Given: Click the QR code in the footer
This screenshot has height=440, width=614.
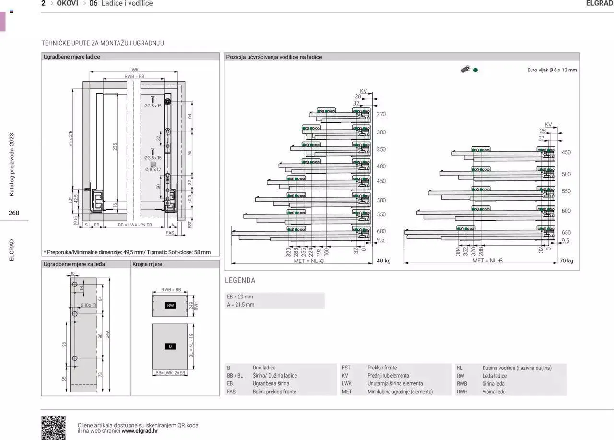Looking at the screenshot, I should [x=53, y=427].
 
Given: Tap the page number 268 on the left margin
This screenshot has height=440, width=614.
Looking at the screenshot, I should [x=14, y=213].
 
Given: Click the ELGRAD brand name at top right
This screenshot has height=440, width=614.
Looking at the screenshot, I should [x=600, y=3].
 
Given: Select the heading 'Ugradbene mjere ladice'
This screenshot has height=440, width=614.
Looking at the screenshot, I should [x=72, y=57].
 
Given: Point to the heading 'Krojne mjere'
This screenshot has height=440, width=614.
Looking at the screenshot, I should [x=147, y=264].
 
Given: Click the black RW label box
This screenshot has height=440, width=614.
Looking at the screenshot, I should [x=170, y=305].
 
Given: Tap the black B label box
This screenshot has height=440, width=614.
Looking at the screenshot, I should [x=170, y=346].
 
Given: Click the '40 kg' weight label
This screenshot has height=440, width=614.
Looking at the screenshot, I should [x=384, y=261].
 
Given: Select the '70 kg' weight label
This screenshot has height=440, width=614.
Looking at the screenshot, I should [x=566, y=261].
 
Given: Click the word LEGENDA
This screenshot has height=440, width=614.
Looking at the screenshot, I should [x=240, y=280].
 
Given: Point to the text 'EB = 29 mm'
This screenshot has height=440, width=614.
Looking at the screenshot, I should [x=240, y=297].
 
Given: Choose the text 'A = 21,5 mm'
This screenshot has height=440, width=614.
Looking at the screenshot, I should [x=241, y=305].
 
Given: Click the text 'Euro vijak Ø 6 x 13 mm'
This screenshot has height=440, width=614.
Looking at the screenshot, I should [x=552, y=70].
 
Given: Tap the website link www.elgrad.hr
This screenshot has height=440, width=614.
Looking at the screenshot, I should [x=140, y=431].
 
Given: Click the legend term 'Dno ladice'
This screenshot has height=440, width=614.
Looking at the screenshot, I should [x=264, y=368].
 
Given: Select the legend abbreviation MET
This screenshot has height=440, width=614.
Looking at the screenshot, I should [x=347, y=392].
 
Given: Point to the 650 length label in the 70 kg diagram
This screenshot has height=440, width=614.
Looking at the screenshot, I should [x=566, y=233].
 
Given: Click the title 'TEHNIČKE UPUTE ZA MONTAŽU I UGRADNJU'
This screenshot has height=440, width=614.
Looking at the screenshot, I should [x=103, y=43].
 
